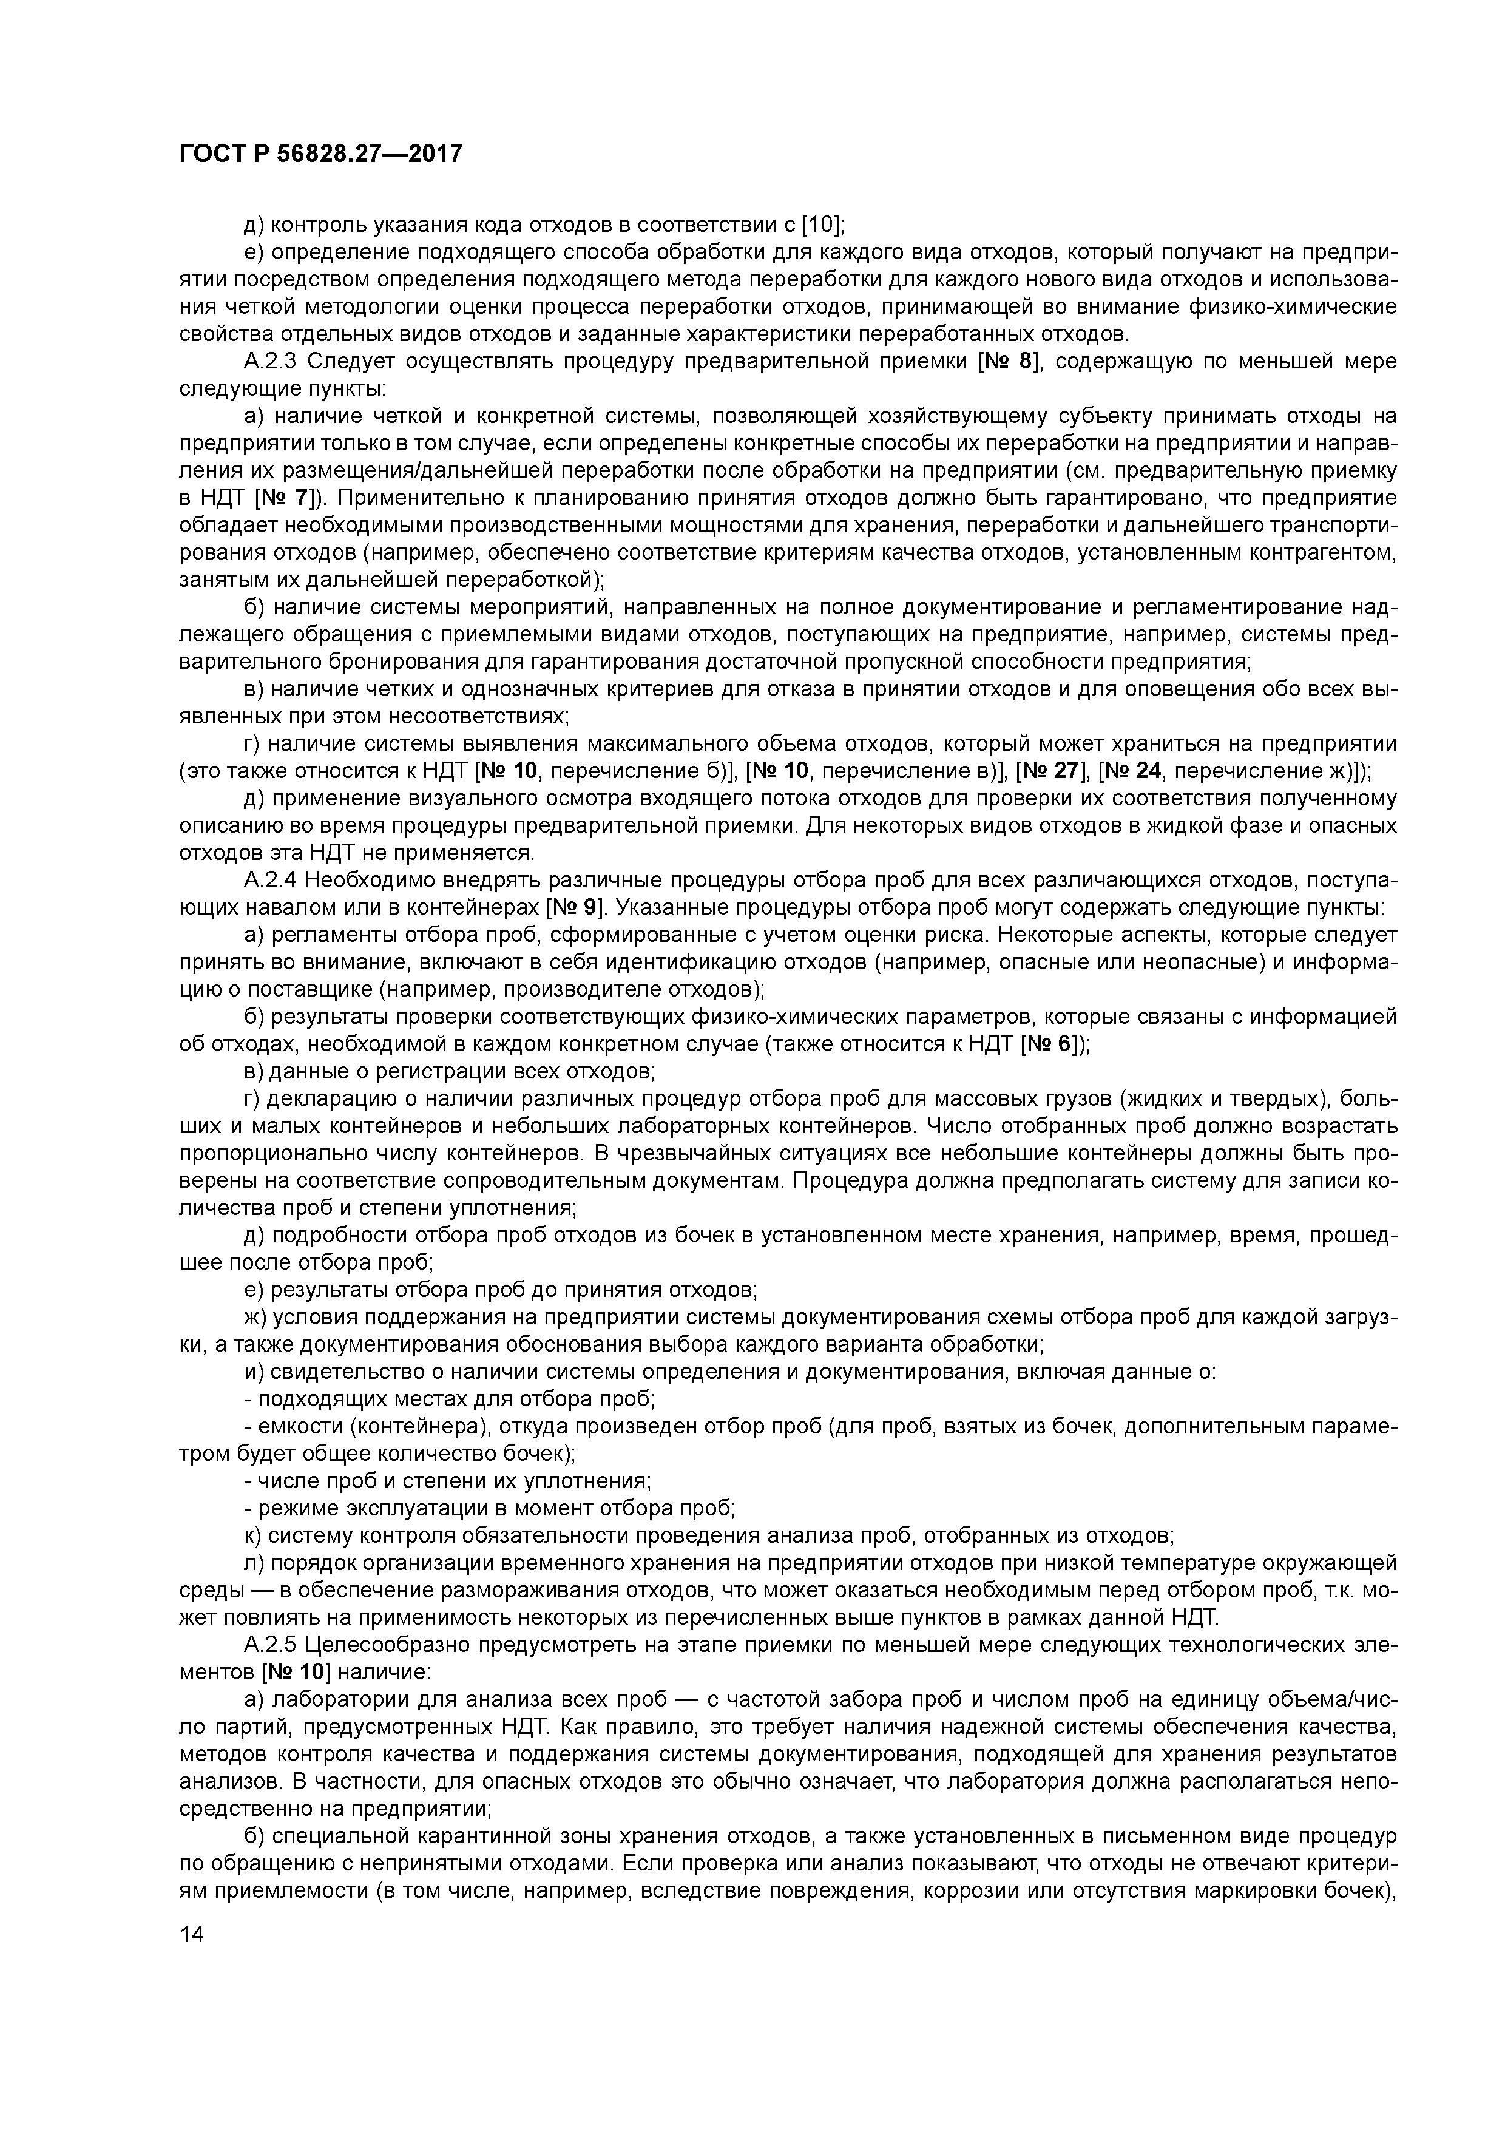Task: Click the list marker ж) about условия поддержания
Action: [x=254, y=1318]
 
